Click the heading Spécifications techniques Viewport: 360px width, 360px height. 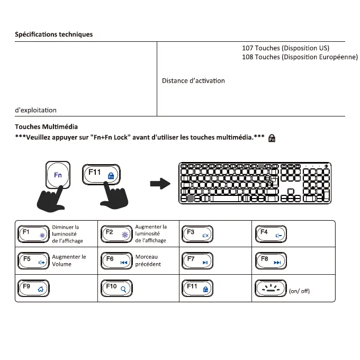pos(53,34)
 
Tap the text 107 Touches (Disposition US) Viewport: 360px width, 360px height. pos(285,48)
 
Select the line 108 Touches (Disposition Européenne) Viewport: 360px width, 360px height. pos(300,57)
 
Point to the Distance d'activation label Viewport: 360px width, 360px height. pos(193,81)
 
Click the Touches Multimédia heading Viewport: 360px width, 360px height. pos(46,127)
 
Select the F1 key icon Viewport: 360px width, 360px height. pos(33,234)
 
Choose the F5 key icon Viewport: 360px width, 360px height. pos(33,261)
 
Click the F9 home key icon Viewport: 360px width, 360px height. pos(33,288)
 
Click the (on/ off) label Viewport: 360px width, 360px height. pos(299,291)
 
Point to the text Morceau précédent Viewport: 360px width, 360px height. pos(148,260)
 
